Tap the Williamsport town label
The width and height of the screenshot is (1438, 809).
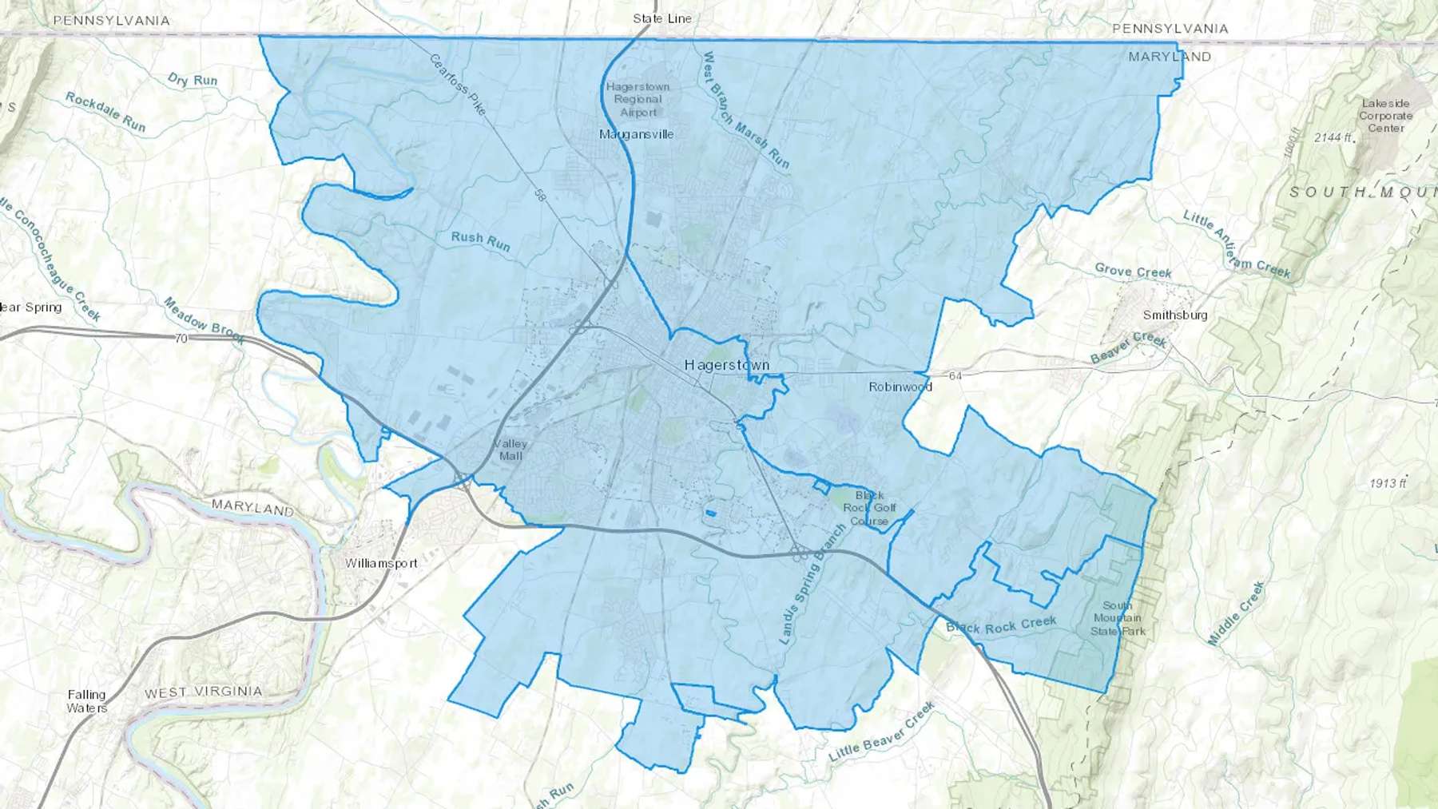(x=381, y=563)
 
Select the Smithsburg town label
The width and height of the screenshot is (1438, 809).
(x=1174, y=315)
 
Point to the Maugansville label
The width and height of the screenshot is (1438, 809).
(x=637, y=134)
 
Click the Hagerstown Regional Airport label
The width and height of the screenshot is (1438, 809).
(x=638, y=100)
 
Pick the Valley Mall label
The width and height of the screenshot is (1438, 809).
(x=510, y=450)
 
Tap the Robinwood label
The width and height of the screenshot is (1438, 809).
(x=900, y=387)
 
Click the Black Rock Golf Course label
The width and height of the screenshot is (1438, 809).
(x=869, y=508)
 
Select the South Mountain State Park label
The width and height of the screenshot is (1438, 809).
(x=1118, y=618)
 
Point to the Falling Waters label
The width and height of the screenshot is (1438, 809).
(x=86, y=701)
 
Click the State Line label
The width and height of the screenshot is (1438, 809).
(x=662, y=18)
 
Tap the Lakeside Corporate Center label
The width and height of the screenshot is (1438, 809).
(x=1385, y=116)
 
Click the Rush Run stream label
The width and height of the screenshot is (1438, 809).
(x=480, y=240)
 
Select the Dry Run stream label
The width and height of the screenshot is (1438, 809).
(x=193, y=79)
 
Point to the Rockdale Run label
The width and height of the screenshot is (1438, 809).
(x=105, y=112)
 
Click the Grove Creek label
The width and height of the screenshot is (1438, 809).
(x=1133, y=272)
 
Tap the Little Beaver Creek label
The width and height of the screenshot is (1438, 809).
(x=881, y=732)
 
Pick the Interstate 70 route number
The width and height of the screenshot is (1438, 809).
(x=181, y=339)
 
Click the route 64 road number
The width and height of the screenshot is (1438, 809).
(x=955, y=375)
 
